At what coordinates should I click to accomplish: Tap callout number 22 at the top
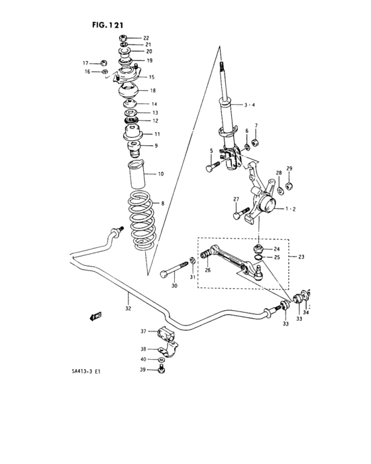pos(146,37)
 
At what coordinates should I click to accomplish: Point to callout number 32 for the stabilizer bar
pos(128,307)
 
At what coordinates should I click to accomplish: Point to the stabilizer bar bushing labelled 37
pos(164,335)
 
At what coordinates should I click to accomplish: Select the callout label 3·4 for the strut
pos(250,105)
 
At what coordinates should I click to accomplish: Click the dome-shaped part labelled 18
pos(129,90)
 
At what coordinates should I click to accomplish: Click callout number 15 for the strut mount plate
pos(152,77)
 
